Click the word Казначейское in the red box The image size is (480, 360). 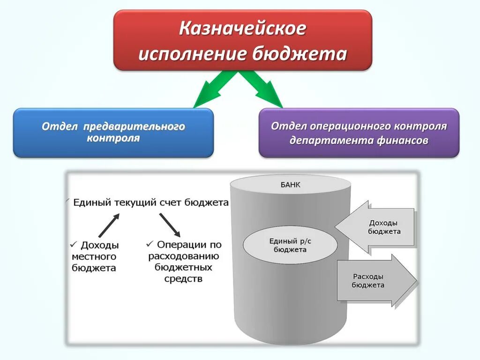[x=243, y=29]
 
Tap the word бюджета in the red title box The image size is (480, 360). [x=300, y=54]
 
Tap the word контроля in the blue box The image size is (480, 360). [x=113, y=139]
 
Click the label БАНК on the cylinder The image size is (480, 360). [x=290, y=185]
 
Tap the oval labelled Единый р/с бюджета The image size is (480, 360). [x=290, y=245]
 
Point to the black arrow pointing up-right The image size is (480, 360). [x=109, y=225]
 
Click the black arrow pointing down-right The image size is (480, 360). [x=169, y=225]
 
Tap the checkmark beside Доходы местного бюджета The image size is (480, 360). [x=73, y=244]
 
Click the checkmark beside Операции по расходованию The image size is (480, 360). [x=150, y=244]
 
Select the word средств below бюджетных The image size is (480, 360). [x=183, y=279]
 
